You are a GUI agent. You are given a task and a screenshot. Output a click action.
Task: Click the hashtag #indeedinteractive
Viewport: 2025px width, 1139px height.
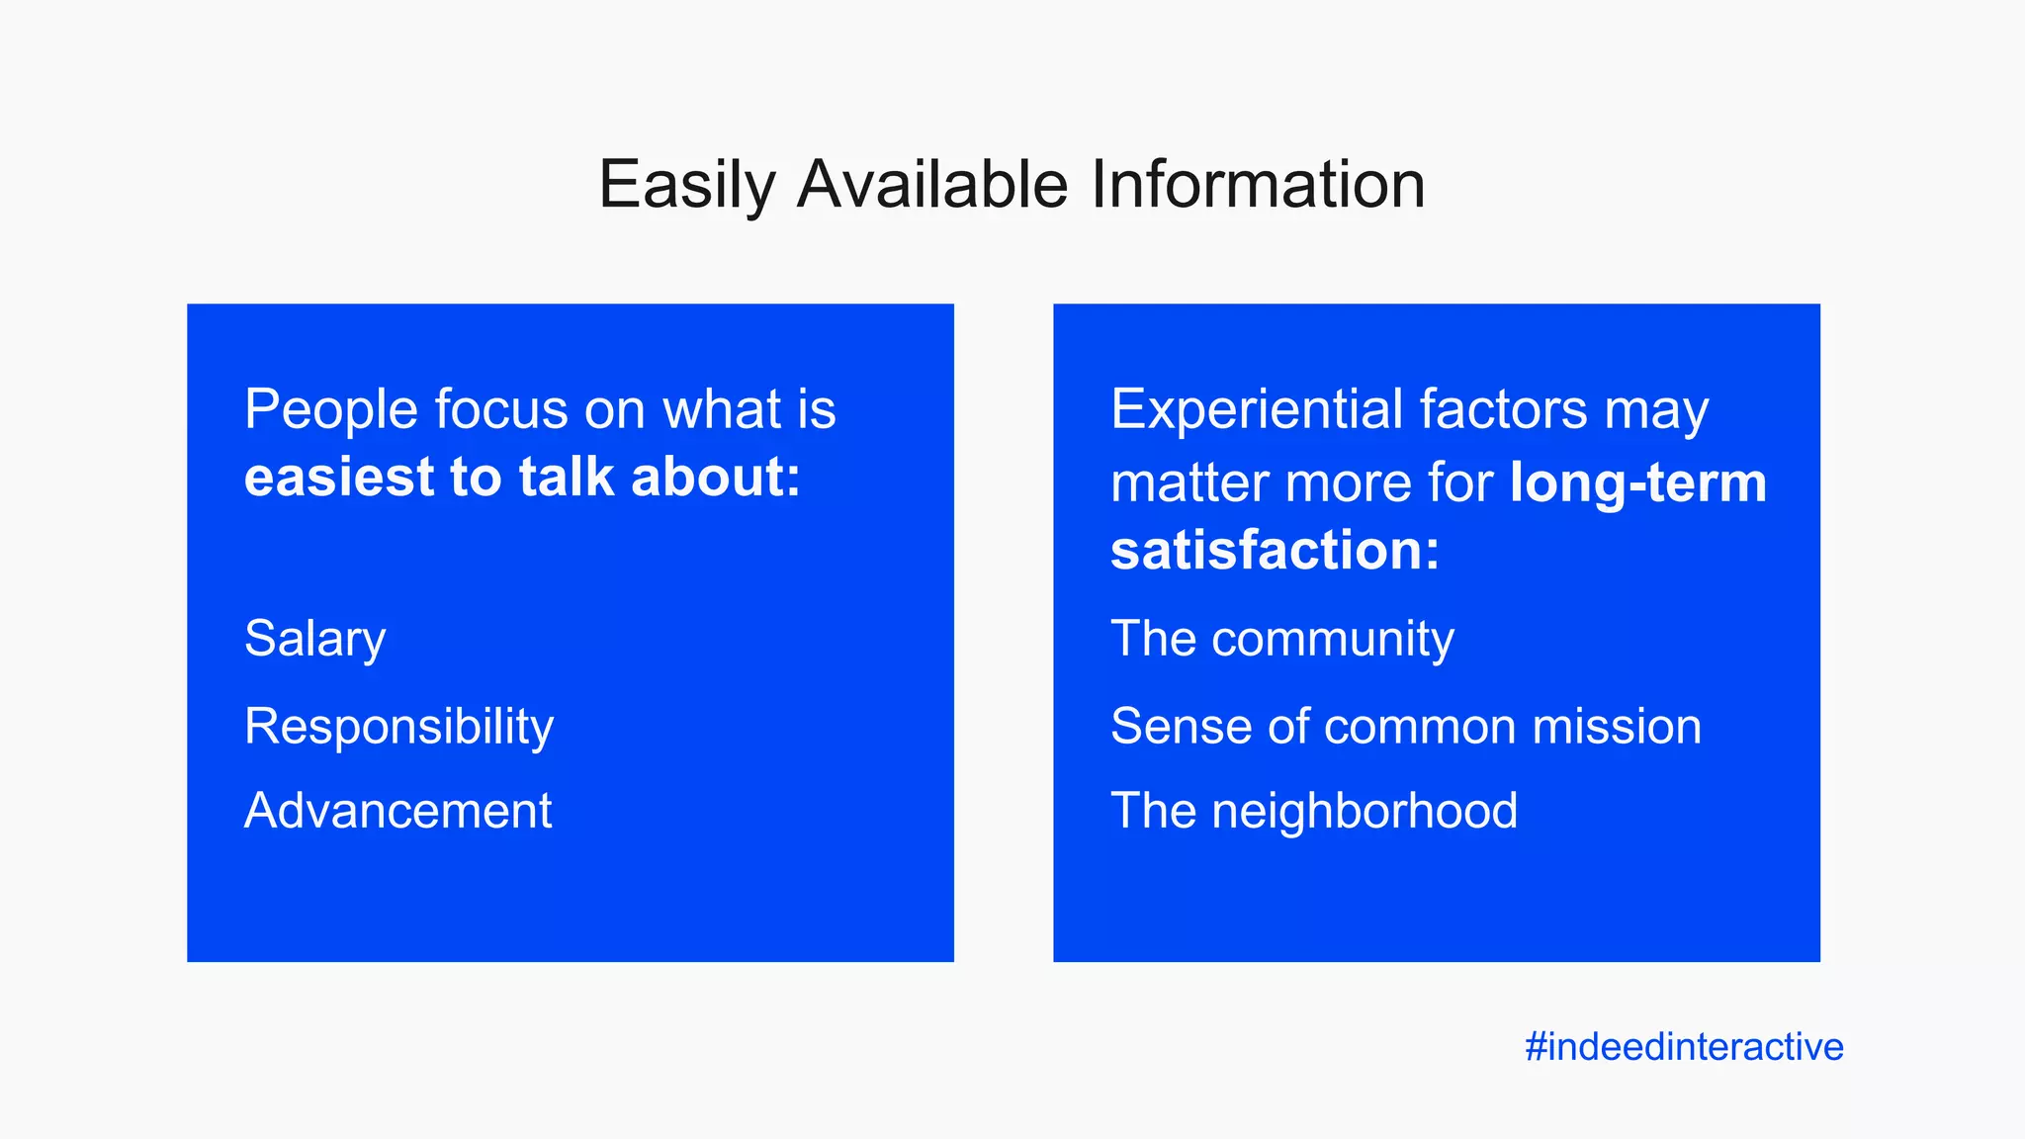(x=1684, y=1046)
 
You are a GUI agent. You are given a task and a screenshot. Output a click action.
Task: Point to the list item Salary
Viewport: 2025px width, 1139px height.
(x=314, y=640)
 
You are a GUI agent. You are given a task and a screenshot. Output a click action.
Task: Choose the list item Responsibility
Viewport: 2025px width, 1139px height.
(x=398, y=727)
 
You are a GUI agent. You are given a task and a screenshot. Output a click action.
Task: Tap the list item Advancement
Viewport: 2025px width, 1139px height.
(x=397, y=811)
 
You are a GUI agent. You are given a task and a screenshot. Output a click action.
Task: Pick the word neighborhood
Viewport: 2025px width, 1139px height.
(x=1365, y=811)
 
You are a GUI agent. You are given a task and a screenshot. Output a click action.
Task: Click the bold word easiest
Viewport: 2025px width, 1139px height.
(x=339, y=477)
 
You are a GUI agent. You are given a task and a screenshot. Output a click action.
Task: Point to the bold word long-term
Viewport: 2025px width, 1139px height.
(x=1637, y=483)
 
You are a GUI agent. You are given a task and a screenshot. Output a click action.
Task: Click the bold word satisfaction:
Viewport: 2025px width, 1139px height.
(x=1275, y=551)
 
